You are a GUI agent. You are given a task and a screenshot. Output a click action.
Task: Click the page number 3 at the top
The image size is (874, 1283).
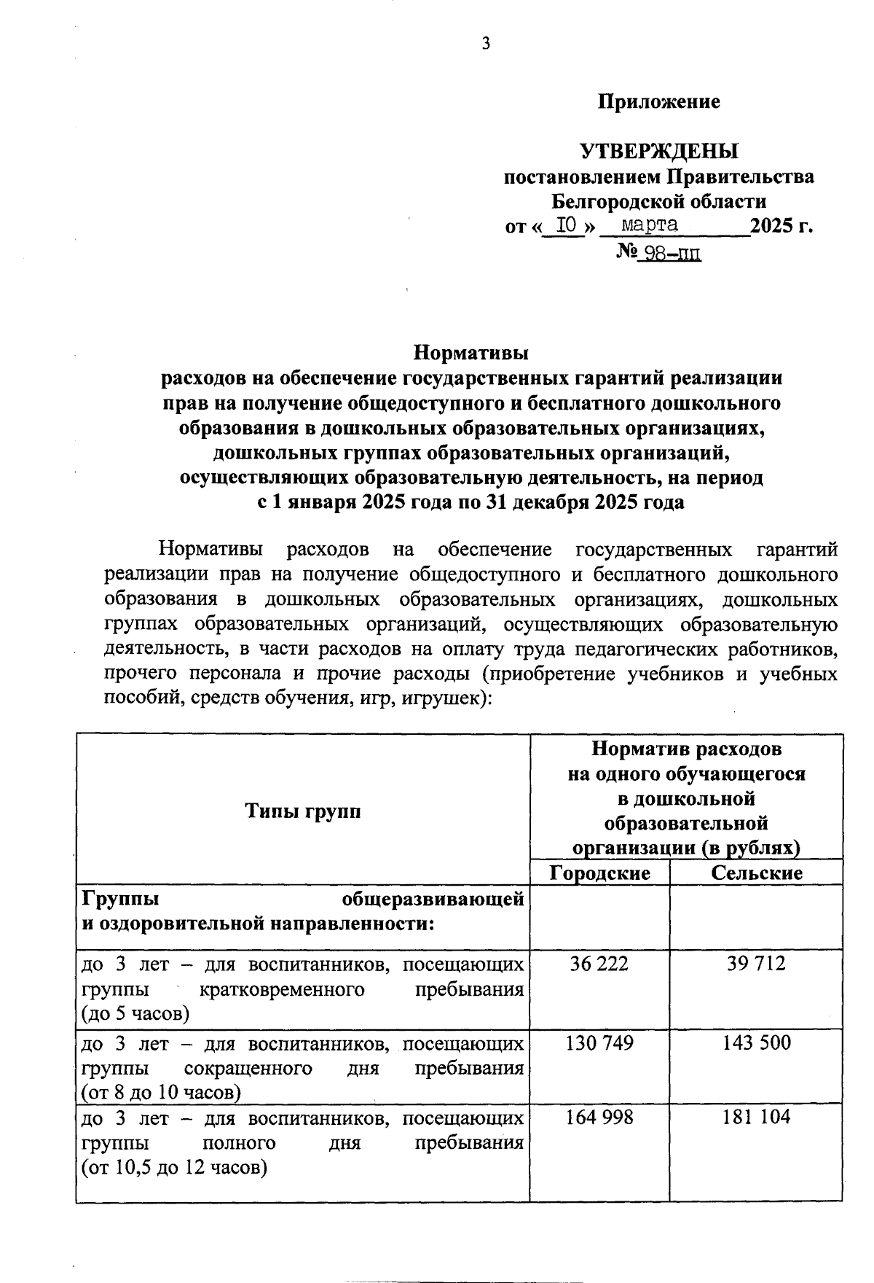pyautogui.click(x=486, y=44)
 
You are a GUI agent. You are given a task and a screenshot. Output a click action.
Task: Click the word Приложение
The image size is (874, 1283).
pyautogui.click(x=658, y=101)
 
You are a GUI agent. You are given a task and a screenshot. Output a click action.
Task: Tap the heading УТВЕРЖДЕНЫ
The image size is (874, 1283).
pyautogui.click(x=658, y=151)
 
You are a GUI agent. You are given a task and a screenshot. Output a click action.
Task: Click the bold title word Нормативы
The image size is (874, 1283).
pyautogui.click(x=471, y=354)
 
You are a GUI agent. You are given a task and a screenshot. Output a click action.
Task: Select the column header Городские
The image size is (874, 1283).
pyautogui.click(x=599, y=873)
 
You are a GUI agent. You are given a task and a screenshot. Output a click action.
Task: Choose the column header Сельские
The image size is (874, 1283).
pyautogui.click(x=756, y=873)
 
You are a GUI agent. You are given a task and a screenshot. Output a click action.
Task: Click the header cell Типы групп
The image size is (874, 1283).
pyautogui.click(x=303, y=811)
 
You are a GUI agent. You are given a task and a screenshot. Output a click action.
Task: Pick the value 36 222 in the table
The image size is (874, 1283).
pyautogui.click(x=599, y=964)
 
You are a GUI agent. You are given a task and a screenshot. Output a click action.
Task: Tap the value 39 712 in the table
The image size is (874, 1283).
pyautogui.click(x=756, y=964)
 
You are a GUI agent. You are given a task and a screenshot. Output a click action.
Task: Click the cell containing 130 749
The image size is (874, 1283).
pyautogui.click(x=599, y=1042)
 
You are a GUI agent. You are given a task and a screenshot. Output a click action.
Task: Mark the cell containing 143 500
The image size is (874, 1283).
pyautogui.click(x=756, y=1042)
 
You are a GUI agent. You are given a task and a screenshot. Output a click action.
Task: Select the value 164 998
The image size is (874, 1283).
pyautogui.click(x=599, y=1117)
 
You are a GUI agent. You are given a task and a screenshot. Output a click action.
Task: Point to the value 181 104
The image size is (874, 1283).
pyautogui.click(x=756, y=1117)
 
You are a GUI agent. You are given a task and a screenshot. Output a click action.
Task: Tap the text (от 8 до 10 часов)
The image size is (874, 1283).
pyautogui.click(x=161, y=1092)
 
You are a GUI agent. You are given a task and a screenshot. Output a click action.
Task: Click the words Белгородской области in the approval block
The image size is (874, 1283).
pyautogui.click(x=658, y=200)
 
